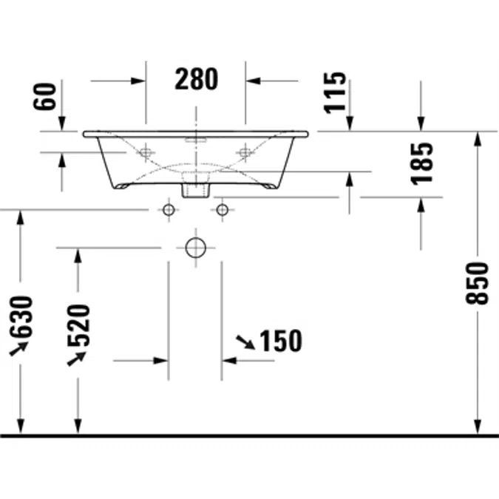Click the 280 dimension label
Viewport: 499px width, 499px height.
click(x=197, y=79)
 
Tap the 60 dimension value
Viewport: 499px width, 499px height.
click(x=45, y=96)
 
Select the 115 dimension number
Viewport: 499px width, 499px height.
click(x=335, y=93)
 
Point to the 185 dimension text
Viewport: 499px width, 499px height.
click(x=422, y=163)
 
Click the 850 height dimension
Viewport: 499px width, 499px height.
click(x=477, y=283)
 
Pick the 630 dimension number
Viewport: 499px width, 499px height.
click(x=21, y=317)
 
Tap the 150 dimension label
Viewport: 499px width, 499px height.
click(x=281, y=341)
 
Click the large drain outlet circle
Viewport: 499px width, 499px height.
click(x=196, y=247)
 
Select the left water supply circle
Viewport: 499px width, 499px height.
click(x=169, y=210)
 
